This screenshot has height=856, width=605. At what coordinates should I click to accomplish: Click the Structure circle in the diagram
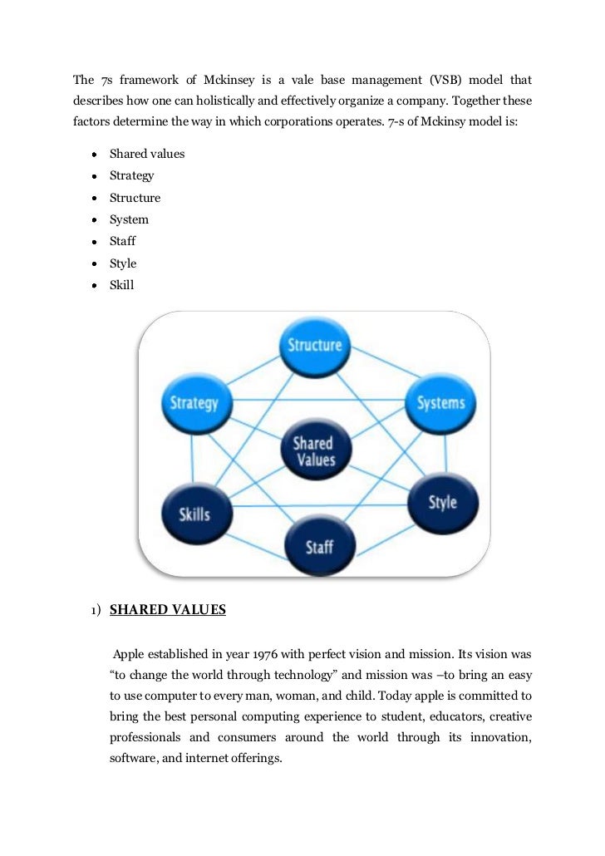click(x=314, y=345)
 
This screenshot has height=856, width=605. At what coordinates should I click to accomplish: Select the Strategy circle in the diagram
click(x=194, y=403)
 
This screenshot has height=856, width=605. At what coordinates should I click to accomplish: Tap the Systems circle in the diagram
click(x=440, y=403)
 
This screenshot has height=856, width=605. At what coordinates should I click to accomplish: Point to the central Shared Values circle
click(x=313, y=450)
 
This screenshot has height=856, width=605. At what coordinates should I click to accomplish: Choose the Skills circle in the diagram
click(x=194, y=513)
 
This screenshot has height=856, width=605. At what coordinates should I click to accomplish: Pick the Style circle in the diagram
click(x=442, y=503)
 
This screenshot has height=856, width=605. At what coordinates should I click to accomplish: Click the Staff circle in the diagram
click(x=319, y=546)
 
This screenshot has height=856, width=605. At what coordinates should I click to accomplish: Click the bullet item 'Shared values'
click(x=147, y=154)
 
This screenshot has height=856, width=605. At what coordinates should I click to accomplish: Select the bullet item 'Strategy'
click(x=131, y=175)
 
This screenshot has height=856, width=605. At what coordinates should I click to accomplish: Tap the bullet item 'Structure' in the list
click(x=135, y=198)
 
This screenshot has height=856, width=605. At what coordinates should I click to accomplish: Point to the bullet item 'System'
click(x=129, y=219)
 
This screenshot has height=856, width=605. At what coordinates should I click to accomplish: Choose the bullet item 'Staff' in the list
click(x=122, y=241)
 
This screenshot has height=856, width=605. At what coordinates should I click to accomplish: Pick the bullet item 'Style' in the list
click(x=123, y=263)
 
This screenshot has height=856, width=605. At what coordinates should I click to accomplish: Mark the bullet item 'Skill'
click(x=121, y=285)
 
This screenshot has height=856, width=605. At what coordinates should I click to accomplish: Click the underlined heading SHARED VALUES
click(x=168, y=610)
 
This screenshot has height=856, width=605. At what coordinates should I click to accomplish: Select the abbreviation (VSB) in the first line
click(x=447, y=81)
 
